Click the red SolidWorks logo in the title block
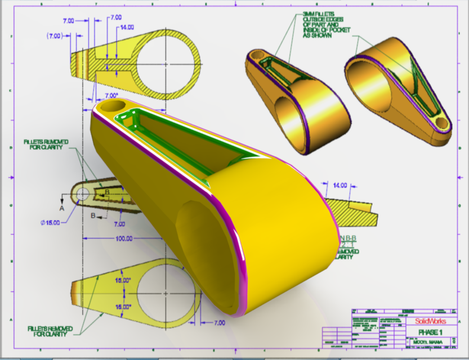[x=431, y=321]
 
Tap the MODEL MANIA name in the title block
[x=430, y=341]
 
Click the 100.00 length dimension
[x=122, y=238]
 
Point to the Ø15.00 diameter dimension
[x=51, y=222]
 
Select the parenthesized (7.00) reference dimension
[x=55, y=35]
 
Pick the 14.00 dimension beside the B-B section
[x=340, y=184]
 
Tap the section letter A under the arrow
[x=62, y=207]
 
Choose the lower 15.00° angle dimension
[x=123, y=307]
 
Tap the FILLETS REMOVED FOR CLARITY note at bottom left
[x=47, y=331]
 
